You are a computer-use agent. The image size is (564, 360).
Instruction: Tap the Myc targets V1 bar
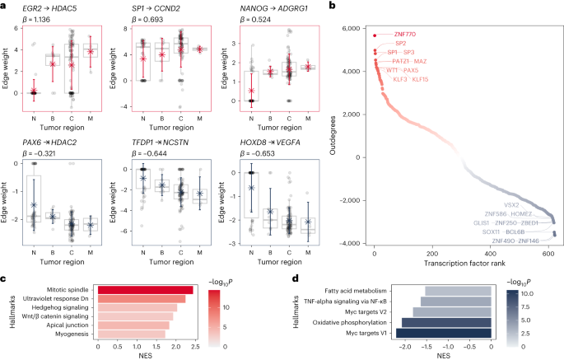click(444, 333)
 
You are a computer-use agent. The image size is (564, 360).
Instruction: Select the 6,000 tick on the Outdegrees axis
click(355, 28)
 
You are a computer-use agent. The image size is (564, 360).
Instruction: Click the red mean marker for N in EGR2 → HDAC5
click(33, 91)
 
